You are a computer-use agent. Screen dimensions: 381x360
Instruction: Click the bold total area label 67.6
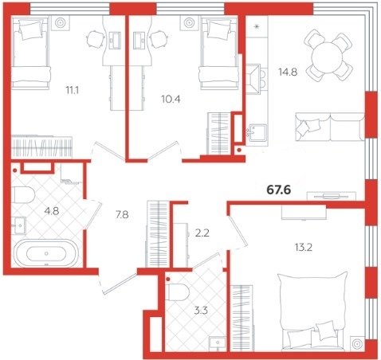point(279,190)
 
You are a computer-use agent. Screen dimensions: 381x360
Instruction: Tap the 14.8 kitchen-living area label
point(288,72)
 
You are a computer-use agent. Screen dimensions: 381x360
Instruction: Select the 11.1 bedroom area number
point(73,91)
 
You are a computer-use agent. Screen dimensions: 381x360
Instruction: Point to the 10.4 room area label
point(171,100)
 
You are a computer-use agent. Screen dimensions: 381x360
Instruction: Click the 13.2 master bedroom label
point(303,248)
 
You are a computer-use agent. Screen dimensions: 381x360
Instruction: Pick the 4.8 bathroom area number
point(52,211)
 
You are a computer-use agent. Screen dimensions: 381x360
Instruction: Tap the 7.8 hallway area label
point(122,214)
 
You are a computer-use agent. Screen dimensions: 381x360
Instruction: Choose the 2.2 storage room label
point(202,233)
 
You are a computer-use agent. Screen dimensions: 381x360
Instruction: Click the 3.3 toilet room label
point(201,311)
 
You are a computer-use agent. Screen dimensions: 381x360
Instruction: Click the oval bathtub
point(46,253)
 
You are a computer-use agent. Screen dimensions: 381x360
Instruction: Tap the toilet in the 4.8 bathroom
point(23,194)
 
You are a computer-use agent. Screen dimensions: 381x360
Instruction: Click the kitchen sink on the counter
point(257,133)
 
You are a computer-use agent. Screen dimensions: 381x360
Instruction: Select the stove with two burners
point(256,79)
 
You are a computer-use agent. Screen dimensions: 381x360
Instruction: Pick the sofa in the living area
point(329,127)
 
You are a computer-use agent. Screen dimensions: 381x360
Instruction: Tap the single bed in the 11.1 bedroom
point(30,52)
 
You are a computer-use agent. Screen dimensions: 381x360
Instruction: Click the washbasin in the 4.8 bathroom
point(19,225)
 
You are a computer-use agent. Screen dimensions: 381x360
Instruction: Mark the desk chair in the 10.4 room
point(159,39)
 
